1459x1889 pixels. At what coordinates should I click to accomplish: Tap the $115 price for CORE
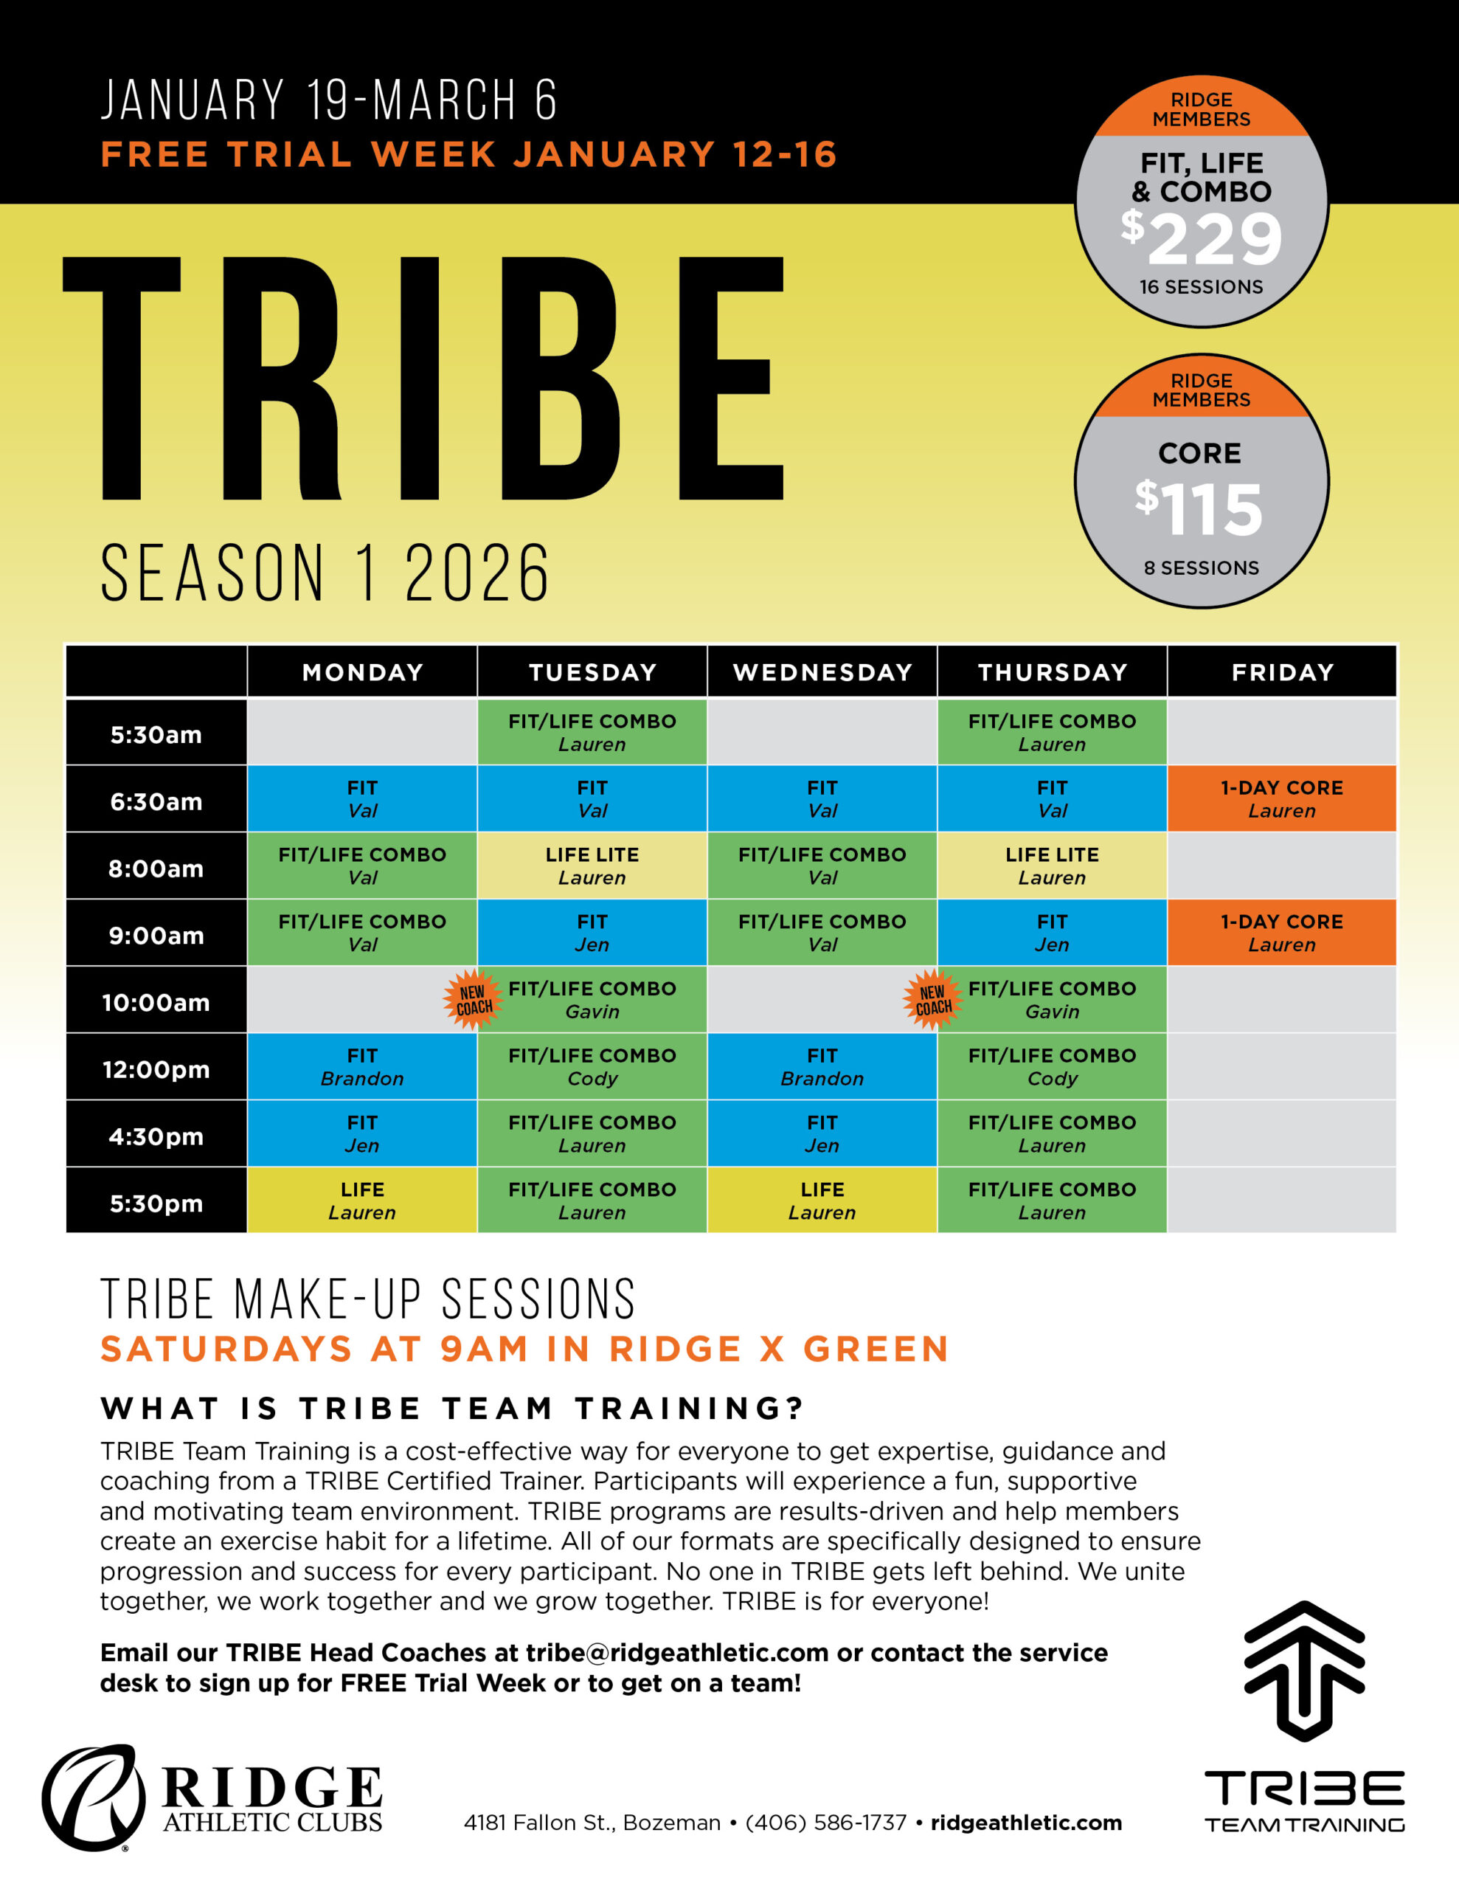(x=1199, y=508)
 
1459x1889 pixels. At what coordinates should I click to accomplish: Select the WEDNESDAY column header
(x=822, y=672)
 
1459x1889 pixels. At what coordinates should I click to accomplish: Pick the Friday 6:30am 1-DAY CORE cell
(x=1282, y=798)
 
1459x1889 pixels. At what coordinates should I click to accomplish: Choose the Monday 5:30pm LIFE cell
(x=362, y=1201)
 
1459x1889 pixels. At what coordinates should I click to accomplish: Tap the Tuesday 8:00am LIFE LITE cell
(x=592, y=866)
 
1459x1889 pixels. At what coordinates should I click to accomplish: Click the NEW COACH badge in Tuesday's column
(x=473, y=1000)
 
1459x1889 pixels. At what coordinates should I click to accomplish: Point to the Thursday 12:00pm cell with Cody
(x=1052, y=1066)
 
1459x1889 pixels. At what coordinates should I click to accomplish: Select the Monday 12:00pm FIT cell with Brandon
(x=362, y=1066)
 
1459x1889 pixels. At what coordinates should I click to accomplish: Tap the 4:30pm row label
(x=156, y=1136)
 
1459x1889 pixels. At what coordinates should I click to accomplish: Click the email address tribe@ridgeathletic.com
(x=677, y=1653)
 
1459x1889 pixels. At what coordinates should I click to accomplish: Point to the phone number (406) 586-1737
(x=826, y=1823)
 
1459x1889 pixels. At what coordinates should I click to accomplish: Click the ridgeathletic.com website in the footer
(x=1027, y=1823)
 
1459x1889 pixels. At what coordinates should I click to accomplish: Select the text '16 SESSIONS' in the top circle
(x=1202, y=287)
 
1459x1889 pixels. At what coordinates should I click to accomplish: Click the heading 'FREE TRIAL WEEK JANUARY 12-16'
(x=468, y=155)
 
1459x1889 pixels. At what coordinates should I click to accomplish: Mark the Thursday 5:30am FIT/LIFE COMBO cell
(x=1052, y=732)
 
